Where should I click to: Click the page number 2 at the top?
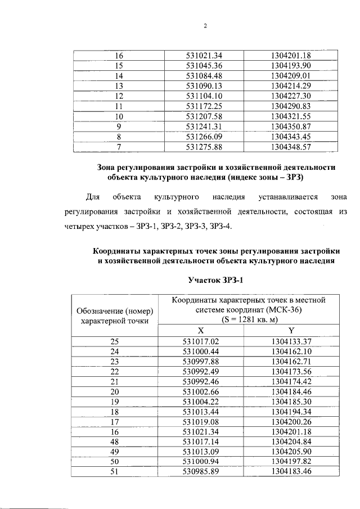[205, 26]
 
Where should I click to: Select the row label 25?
[115, 341]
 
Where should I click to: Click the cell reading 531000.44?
[200, 351]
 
